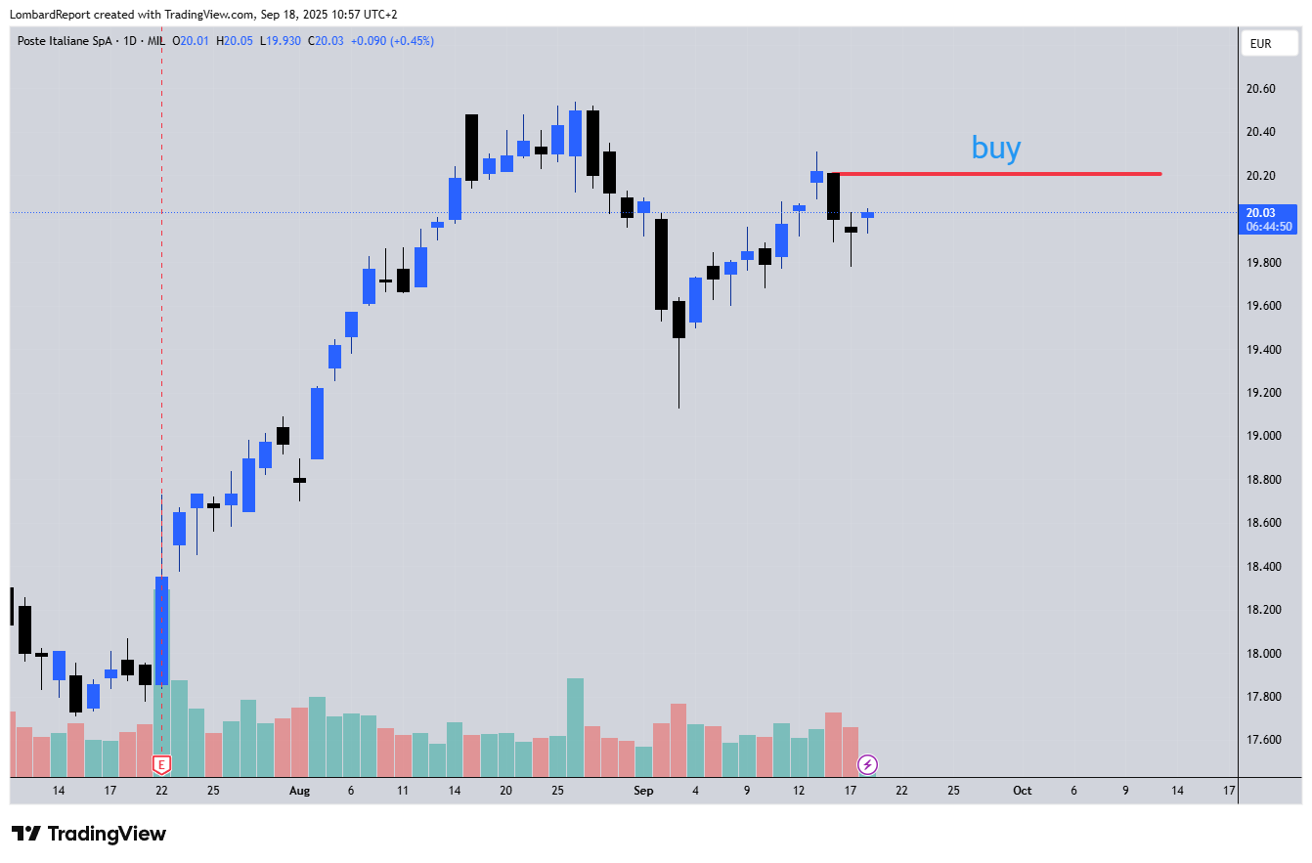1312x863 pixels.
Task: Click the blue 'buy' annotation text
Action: click(996, 149)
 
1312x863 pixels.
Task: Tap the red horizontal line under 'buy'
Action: click(997, 174)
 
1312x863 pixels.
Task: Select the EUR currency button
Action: click(1260, 44)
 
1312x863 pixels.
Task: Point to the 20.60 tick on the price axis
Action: click(1260, 89)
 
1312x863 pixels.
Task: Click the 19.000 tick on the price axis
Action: click(1260, 436)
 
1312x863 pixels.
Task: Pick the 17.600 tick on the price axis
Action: click(1260, 740)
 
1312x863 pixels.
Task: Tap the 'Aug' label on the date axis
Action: click(299, 791)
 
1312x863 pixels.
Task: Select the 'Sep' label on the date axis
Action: click(642, 791)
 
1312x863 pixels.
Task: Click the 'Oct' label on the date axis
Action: click(1022, 791)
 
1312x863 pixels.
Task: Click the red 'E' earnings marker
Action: click(162, 764)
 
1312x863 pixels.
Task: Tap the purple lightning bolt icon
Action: click(867, 764)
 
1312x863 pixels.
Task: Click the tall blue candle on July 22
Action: click(161, 630)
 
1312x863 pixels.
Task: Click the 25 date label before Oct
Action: click(952, 791)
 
